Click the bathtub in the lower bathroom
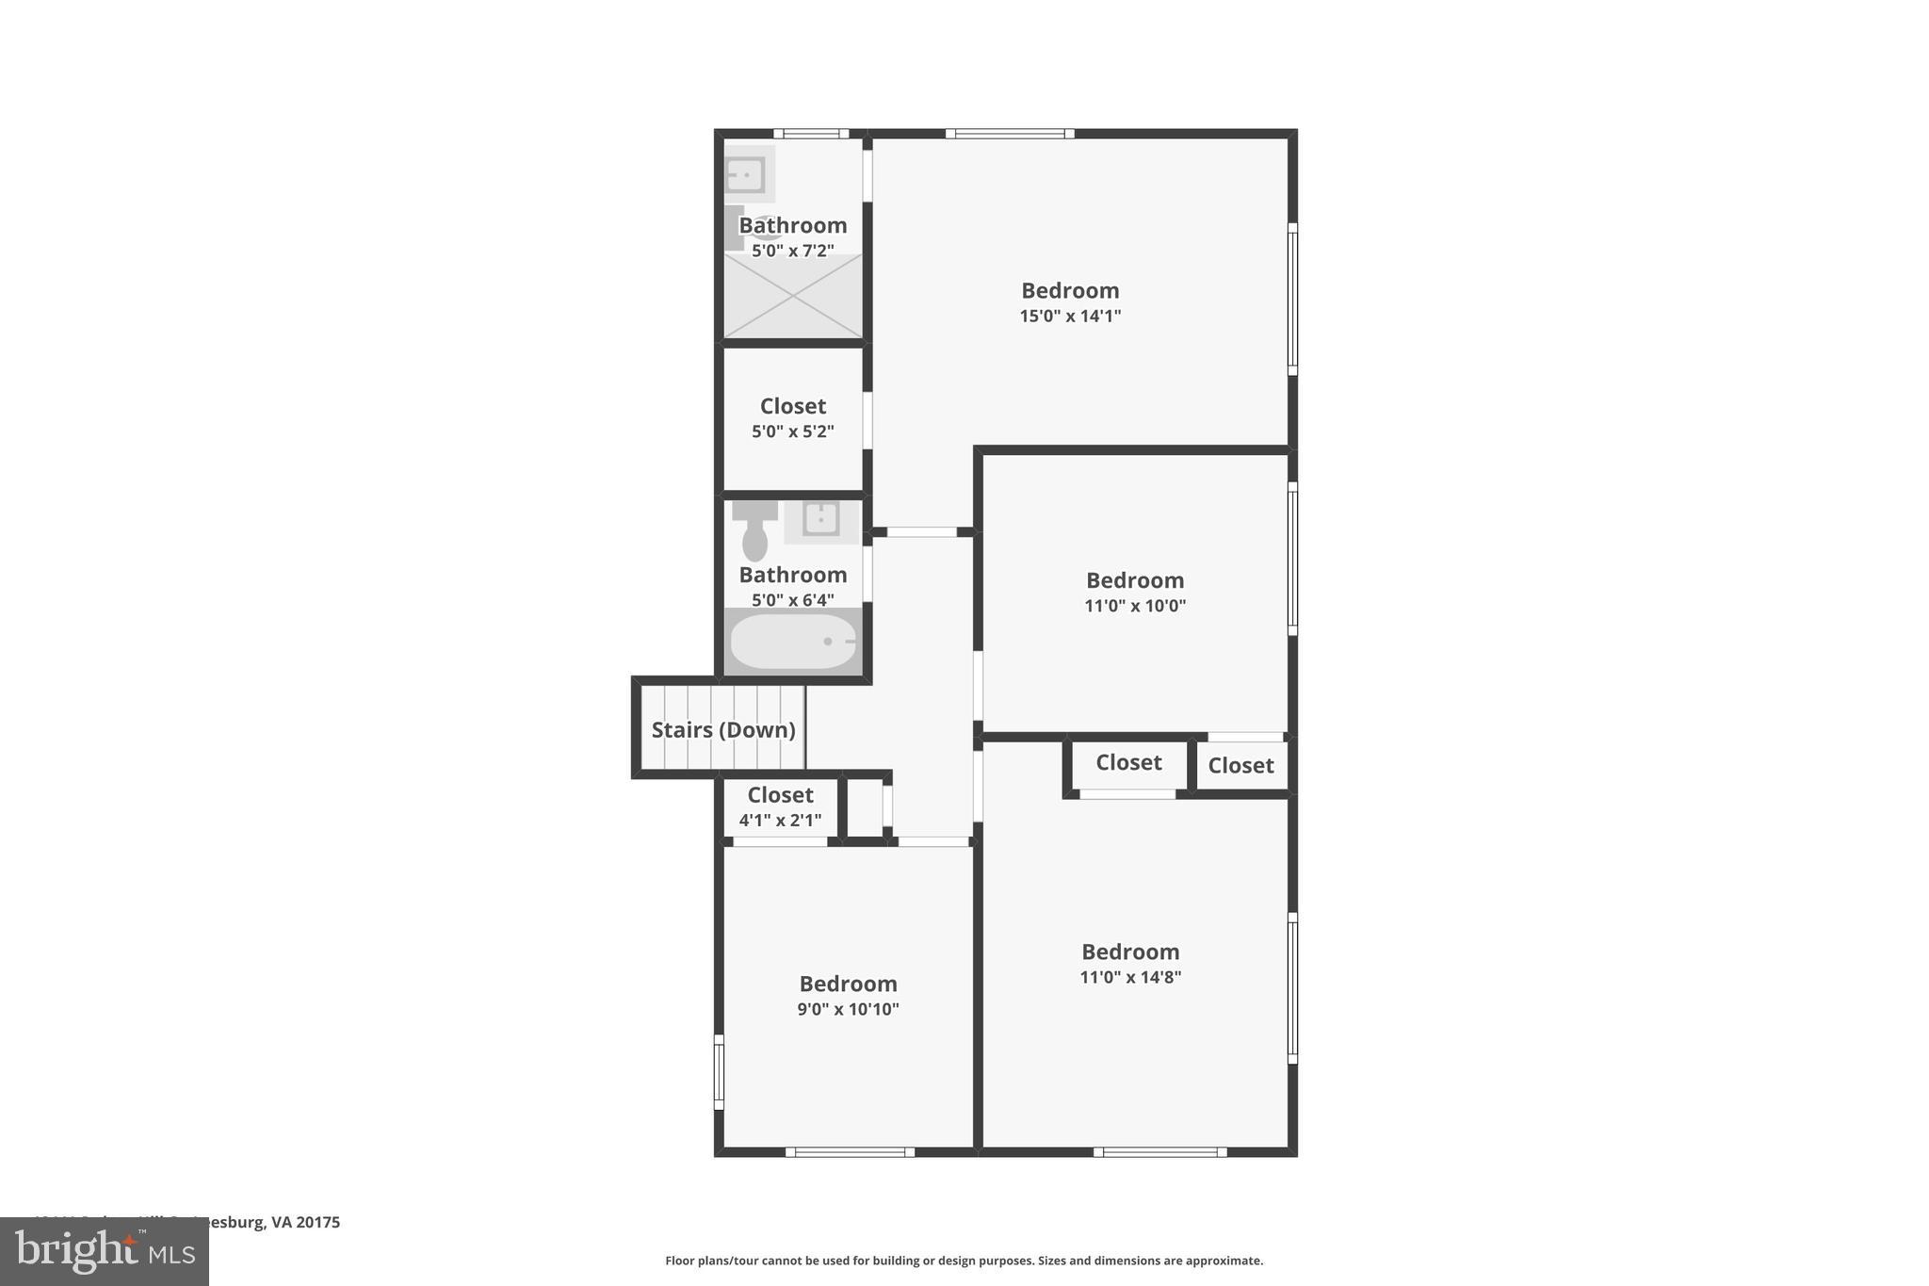(x=793, y=642)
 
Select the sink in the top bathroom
(x=745, y=174)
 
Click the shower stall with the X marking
(x=793, y=296)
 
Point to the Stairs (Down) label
(x=723, y=730)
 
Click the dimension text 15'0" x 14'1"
(x=1070, y=316)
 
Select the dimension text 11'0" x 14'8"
(x=1130, y=977)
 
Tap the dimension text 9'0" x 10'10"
(x=848, y=1009)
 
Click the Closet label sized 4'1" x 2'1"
(x=780, y=795)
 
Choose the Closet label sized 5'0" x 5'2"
(x=793, y=406)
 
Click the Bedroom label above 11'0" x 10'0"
(x=1135, y=580)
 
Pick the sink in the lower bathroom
(x=821, y=519)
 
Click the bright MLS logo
(x=105, y=1251)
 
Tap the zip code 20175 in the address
(x=318, y=1222)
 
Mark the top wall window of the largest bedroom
(x=1010, y=134)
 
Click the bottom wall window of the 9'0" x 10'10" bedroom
(x=850, y=1151)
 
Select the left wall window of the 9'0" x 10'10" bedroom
(x=719, y=1072)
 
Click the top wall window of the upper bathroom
(x=811, y=134)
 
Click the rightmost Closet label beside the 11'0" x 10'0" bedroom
(x=1240, y=766)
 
